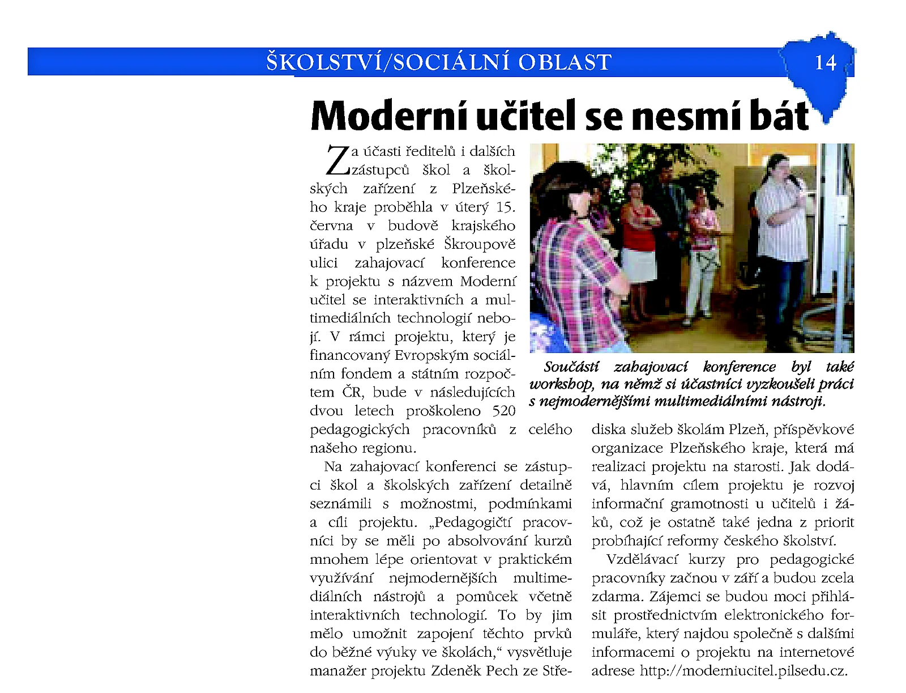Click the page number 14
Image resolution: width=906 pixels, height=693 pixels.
825,62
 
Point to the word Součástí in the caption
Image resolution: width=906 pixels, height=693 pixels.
571,367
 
